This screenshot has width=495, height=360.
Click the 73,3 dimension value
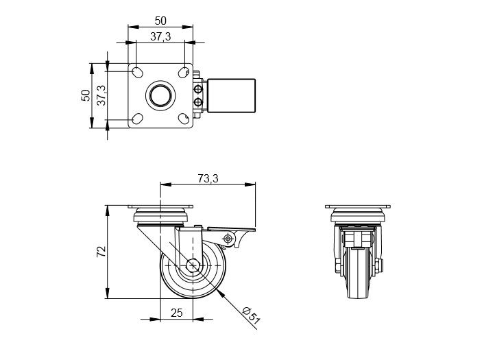point(208,178)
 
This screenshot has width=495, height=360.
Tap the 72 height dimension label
point(101,252)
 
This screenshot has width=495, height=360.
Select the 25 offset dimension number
point(177,313)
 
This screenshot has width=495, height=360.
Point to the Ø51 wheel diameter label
point(252,315)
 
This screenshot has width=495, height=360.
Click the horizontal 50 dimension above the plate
point(160,21)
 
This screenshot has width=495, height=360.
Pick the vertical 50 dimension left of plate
point(86,95)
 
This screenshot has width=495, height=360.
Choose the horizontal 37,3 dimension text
point(160,36)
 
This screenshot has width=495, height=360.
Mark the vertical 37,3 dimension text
point(101,95)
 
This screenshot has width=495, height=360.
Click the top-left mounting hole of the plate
point(137,72)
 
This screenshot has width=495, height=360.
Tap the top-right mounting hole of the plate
point(184,72)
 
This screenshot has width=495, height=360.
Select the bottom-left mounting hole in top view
point(137,119)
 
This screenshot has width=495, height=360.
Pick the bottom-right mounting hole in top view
point(184,119)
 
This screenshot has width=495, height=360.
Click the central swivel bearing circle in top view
point(160,95)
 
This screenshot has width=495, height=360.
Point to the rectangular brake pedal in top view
point(231,95)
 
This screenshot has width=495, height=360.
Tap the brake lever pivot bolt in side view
point(228,238)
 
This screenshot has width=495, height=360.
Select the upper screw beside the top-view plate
point(199,89)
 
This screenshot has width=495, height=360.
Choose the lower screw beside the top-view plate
point(199,101)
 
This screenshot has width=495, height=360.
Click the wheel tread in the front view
point(358,273)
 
